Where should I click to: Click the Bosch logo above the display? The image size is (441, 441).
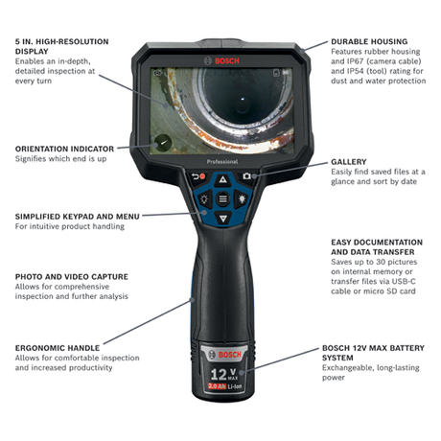click(221, 59)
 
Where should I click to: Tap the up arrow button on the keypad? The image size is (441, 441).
click(222, 179)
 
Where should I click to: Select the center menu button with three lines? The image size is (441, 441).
click(222, 199)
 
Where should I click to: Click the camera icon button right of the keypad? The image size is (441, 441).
click(246, 176)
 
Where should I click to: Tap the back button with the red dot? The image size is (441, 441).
click(198, 176)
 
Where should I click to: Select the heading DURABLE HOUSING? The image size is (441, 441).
click(368, 42)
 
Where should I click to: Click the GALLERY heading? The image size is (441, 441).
click(349, 162)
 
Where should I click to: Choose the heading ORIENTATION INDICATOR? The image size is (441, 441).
click(64, 149)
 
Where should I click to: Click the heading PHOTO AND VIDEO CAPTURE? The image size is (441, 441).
click(69, 276)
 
